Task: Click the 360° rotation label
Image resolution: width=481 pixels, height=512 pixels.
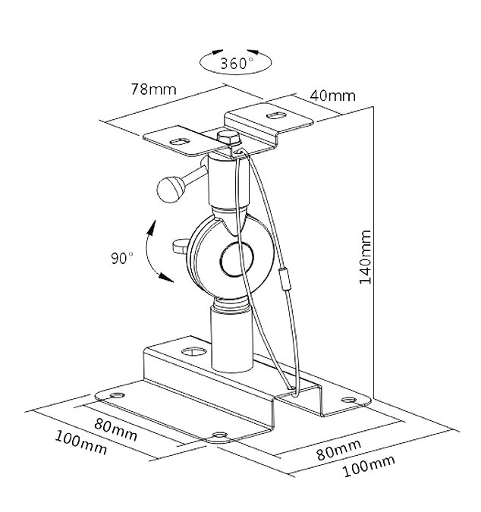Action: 237,63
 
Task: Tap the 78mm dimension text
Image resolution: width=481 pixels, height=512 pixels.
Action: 153,90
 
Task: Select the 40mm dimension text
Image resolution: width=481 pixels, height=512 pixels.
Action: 332,96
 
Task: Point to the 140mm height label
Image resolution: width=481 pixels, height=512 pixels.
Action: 366,257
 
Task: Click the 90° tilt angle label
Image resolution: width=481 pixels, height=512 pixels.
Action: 122,258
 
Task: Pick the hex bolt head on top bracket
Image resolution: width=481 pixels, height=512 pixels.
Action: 229,137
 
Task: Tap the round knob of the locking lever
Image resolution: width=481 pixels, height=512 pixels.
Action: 171,190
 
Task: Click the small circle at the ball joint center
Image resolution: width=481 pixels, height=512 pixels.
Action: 237,259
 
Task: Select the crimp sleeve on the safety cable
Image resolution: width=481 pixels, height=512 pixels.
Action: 285,279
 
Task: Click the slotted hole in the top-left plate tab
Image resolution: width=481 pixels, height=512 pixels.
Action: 180,142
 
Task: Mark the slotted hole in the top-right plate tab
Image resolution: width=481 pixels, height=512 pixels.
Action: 277,115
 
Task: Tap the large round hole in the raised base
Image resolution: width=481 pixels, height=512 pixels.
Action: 194,351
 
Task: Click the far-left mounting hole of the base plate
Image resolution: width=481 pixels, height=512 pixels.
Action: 118,395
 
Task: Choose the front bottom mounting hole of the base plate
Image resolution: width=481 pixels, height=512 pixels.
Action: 220,435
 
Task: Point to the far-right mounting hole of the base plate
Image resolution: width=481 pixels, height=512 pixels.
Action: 349,400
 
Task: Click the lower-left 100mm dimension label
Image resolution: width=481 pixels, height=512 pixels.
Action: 81,442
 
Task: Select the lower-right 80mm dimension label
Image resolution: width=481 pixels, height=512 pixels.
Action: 339,450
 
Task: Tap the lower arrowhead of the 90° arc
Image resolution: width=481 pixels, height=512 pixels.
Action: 166,278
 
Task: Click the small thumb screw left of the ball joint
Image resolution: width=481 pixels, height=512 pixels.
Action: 181,247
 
